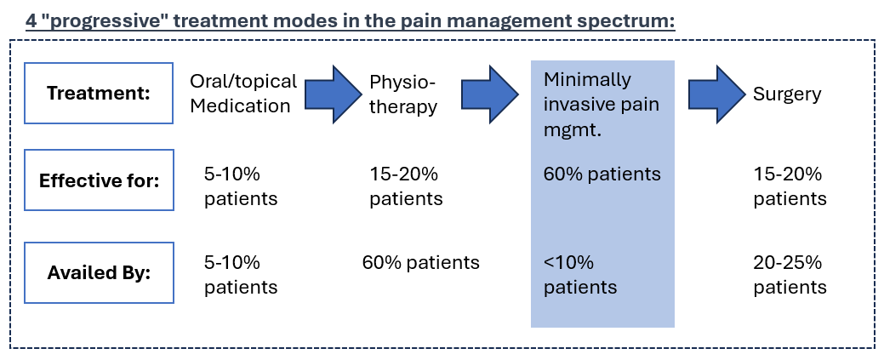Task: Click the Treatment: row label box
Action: pos(100,93)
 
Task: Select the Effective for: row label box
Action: pos(100,180)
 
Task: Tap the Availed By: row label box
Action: pos(100,272)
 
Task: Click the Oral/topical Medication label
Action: pos(243,93)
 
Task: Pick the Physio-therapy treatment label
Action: pos(403,94)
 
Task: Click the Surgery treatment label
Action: pos(787,94)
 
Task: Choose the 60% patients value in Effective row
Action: pos(601,174)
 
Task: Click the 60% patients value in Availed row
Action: pos(420,263)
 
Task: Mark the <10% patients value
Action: pos(580,275)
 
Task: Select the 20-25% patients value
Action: pos(790,275)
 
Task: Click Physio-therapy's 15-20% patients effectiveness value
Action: pos(406,186)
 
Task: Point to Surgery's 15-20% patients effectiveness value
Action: pos(790,186)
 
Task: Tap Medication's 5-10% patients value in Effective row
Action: pos(241,186)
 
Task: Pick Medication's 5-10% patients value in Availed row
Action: pos(241,275)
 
